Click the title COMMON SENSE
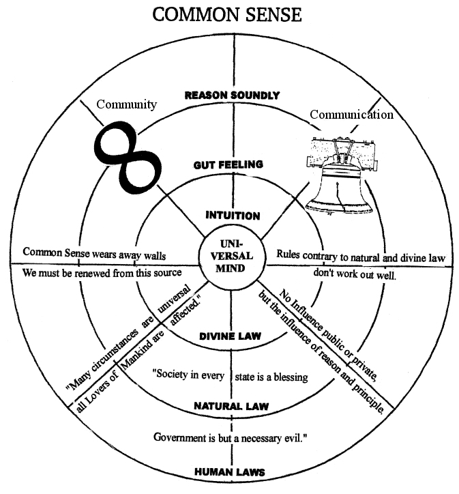(226, 15)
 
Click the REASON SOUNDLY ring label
(232, 96)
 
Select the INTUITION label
(233, 216)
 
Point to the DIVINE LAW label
(233, 336)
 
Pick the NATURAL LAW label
(232, 406)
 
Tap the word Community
(126, 104)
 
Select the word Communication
(351, 115)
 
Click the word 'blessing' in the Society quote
(290, 377)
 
